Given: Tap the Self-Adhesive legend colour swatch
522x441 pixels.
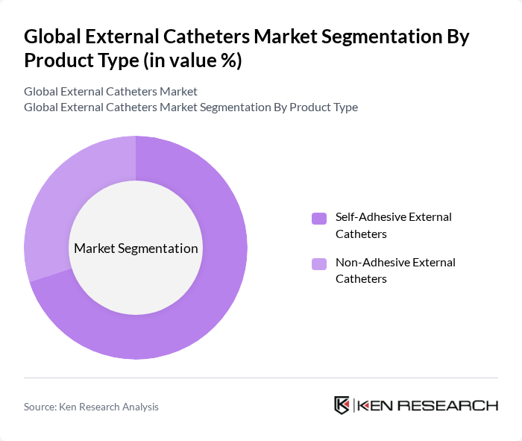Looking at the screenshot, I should click(319, 218).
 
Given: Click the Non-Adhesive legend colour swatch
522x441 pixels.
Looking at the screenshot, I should click(319, 263).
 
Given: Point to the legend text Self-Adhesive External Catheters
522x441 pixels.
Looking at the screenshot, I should click(393, 225).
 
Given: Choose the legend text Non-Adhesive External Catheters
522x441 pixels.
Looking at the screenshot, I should click(395, 270).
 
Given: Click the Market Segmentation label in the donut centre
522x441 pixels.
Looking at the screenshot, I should click(136, 248).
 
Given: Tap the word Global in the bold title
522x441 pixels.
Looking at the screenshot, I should click(52, 37).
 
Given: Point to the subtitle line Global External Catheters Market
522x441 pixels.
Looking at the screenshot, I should click(110, 91).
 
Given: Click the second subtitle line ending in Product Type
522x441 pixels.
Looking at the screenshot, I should click(190, 107).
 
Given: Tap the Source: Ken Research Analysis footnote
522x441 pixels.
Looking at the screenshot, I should click(91, 407).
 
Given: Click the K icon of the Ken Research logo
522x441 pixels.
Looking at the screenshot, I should click(342, 405).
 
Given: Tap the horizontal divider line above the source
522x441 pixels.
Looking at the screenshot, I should click(261, 378).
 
